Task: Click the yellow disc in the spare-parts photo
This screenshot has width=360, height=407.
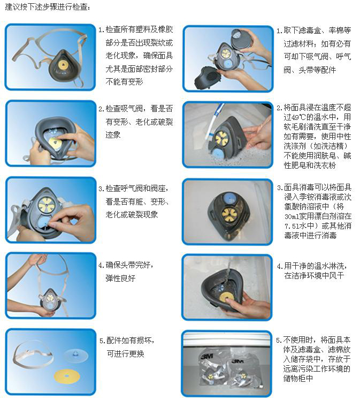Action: [67, 376]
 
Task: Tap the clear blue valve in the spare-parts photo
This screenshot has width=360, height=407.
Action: [76, 356]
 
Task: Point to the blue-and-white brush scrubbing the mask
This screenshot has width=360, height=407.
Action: [213, 122]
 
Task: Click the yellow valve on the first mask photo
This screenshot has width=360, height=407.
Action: [63, 65]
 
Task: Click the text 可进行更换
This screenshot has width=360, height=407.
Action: [126, 353]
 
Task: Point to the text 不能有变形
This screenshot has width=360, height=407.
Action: [124, 82]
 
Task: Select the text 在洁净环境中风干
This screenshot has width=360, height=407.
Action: [314, 276]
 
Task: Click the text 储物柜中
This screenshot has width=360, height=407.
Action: [298, 379]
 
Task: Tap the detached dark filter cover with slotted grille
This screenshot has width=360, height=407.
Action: [208, 77]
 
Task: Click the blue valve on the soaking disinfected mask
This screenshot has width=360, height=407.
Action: [229, 197]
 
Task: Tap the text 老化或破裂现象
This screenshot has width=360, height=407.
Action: [132, 215]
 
